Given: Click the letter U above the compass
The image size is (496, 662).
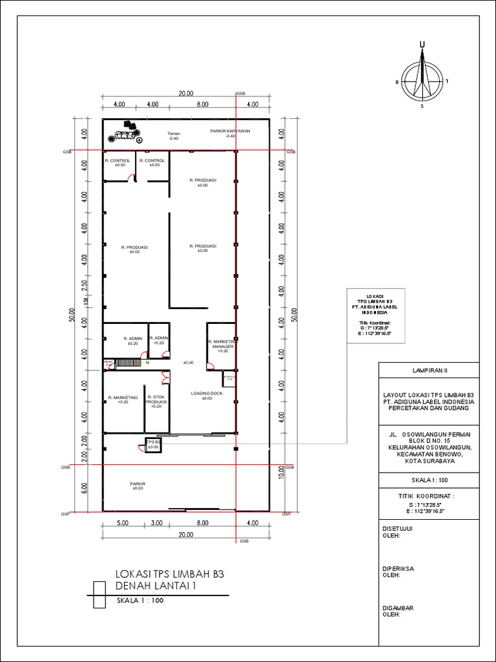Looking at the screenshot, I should tap(422, 44).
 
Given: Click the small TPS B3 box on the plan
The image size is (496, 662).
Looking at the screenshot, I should tap(152, 445).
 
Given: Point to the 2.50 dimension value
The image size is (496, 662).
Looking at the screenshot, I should tap(85, 286).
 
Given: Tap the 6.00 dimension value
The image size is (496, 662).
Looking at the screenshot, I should tap(85, 487).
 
